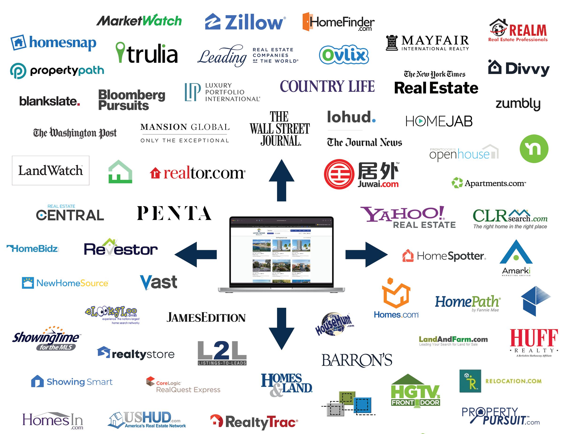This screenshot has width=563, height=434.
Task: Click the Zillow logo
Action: coord(245,22)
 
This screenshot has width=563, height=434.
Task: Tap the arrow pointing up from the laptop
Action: coord(281,180)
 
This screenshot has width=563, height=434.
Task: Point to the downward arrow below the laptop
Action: coord(281,328)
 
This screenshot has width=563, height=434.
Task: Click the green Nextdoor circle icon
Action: coord(534,148)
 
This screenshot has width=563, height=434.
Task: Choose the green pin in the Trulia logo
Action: coord(120,52)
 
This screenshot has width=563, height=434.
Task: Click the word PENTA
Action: coord(174,213)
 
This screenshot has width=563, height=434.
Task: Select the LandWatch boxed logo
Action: coord(50,171)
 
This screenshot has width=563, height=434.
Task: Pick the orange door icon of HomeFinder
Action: coord(306,22)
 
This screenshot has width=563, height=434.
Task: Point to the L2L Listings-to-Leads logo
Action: coord(222,353)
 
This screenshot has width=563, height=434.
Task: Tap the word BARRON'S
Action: coord(357,360)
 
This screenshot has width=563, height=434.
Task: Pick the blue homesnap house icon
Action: coord(19,42)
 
